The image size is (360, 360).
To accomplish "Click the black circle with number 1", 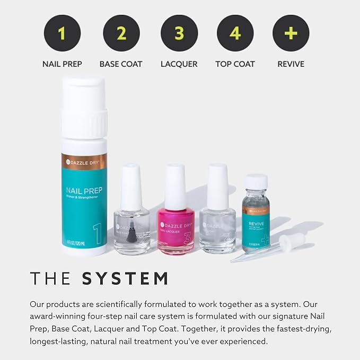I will click(63, 33).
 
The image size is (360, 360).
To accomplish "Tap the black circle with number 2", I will click(121, 33).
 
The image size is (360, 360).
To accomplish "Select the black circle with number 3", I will click(179, 33).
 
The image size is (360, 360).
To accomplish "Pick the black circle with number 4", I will click(235, 33).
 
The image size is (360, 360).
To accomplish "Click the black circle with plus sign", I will click(291, 33).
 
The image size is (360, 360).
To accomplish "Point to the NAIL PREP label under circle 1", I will click(63, 64).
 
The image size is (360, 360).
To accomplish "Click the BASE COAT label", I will click(121, 64).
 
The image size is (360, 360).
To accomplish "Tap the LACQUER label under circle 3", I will click(179, 64).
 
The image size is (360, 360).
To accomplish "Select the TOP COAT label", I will click(235, 64).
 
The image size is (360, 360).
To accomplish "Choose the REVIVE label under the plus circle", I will click(291, 64).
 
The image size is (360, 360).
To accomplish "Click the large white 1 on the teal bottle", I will click(98, 234).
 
